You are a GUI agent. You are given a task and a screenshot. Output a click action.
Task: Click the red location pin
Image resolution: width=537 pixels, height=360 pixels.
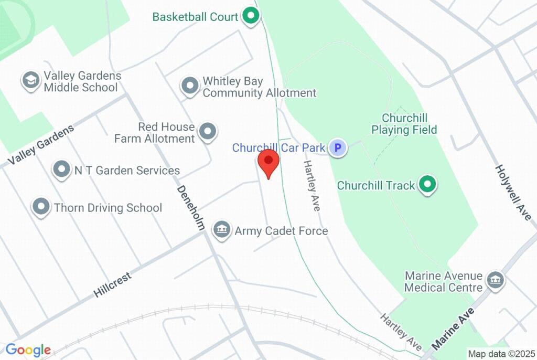[268, 161]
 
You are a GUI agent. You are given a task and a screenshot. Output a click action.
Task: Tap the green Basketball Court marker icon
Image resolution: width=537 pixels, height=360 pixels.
[251, 16]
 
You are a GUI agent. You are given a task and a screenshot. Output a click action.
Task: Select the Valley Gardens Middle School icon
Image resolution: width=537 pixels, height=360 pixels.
[31, 81]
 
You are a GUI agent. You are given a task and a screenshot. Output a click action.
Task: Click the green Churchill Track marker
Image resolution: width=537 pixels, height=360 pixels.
[428, 185]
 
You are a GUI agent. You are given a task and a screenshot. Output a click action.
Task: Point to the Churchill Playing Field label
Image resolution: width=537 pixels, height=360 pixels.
[404, 124]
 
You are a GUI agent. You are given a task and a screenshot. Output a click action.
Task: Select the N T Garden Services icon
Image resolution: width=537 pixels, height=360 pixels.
[62, 170]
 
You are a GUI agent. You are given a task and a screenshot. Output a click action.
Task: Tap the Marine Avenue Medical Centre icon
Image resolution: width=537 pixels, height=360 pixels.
[495, 280]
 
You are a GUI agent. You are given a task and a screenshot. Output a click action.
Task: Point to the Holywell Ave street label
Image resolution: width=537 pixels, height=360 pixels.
[515, 193]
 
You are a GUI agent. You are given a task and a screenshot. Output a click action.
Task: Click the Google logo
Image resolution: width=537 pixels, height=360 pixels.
[28, 350]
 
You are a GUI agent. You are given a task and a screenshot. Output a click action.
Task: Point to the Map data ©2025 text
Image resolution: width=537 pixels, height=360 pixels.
[501, 354]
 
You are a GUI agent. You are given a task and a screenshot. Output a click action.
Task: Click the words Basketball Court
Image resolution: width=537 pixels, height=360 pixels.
[195, 16]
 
